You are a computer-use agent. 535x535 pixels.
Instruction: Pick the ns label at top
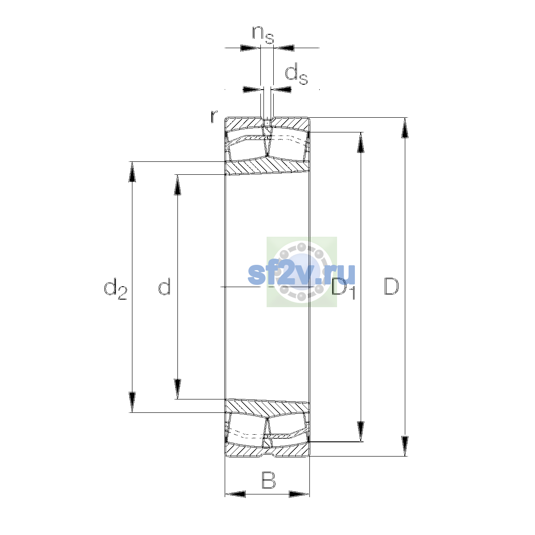[x=263, y=35]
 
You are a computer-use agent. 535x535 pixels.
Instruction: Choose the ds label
[x=296, y=74]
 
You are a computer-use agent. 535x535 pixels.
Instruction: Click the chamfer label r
[x=214, y=116]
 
